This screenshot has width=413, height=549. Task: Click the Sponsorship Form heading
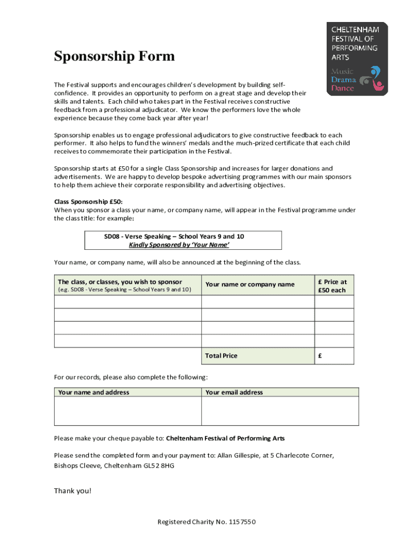[114, 56]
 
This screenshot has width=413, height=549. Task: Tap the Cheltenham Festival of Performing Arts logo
[357, 59]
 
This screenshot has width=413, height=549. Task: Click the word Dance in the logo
[343, 88]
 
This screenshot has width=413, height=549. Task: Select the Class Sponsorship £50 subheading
[88, 202]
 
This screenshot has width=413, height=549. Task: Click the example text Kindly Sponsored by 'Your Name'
[179, 245]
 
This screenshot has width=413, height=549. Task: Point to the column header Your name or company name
[250, 284]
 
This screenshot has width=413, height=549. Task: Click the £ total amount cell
[334, 355]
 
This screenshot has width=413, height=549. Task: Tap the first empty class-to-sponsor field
[128, 301]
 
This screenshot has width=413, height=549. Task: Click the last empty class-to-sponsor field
[128, 341]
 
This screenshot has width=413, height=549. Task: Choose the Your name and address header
[94, 392]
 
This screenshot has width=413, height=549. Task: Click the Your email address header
[234, 392]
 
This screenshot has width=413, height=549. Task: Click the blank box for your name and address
[128, 411]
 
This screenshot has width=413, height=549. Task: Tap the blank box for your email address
[280, 411]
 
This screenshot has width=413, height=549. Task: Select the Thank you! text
[73, 491]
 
